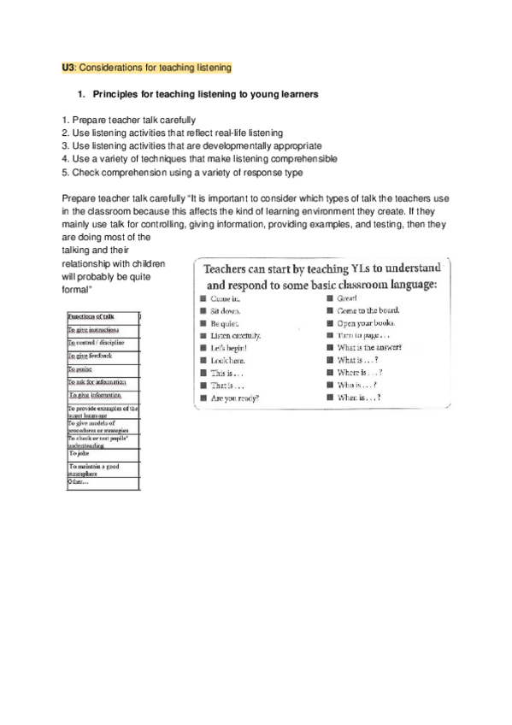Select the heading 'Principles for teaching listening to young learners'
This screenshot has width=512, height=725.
[x=198, y=94]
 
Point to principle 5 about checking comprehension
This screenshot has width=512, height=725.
[x=182, y=172]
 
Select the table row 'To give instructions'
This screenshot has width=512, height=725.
[x=99, y=329]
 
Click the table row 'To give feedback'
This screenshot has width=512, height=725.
[x=90, y=355]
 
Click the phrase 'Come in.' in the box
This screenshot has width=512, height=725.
[x=225, y=298]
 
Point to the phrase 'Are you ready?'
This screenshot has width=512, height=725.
[x=235, y=398]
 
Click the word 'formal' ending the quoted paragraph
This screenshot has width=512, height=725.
[x=77, y=290]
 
